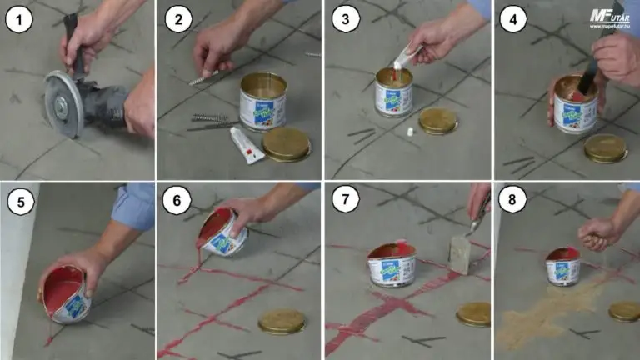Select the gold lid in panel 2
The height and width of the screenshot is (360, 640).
click(x=286, y=143)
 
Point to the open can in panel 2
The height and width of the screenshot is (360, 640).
click(x=262, y=101)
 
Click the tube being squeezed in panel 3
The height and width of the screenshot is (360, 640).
click(x=406, y=56)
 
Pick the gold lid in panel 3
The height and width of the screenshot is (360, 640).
click(x=438, y=121)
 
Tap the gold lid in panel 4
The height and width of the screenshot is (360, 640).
click(x=605, y=147)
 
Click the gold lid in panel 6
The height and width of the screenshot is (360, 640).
click(x=282, y=321)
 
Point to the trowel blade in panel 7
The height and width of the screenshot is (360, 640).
click(x=462, y=255)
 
